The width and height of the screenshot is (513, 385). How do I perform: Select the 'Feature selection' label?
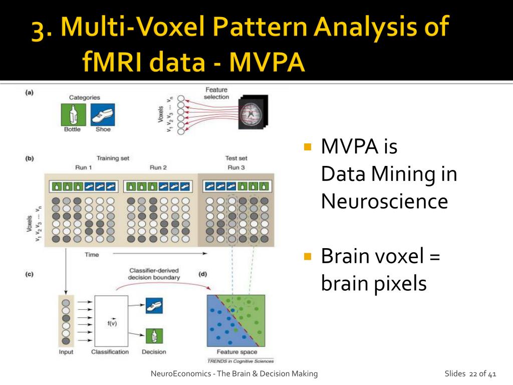tap(216, 93)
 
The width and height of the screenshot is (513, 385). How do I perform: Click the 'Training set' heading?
tap(113, 158)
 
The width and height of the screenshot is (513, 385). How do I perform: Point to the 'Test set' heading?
tap(236, 158)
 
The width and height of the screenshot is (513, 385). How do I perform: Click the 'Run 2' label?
tap(158, 167)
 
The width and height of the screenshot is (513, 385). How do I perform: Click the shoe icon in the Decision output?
tap(154, 305)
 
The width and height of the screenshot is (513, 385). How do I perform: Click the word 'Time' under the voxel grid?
tap(92, 255)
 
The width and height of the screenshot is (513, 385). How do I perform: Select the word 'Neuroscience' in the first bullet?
tap(384, 202)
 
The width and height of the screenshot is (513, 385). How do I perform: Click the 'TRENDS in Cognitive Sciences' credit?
tap(240, 361)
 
